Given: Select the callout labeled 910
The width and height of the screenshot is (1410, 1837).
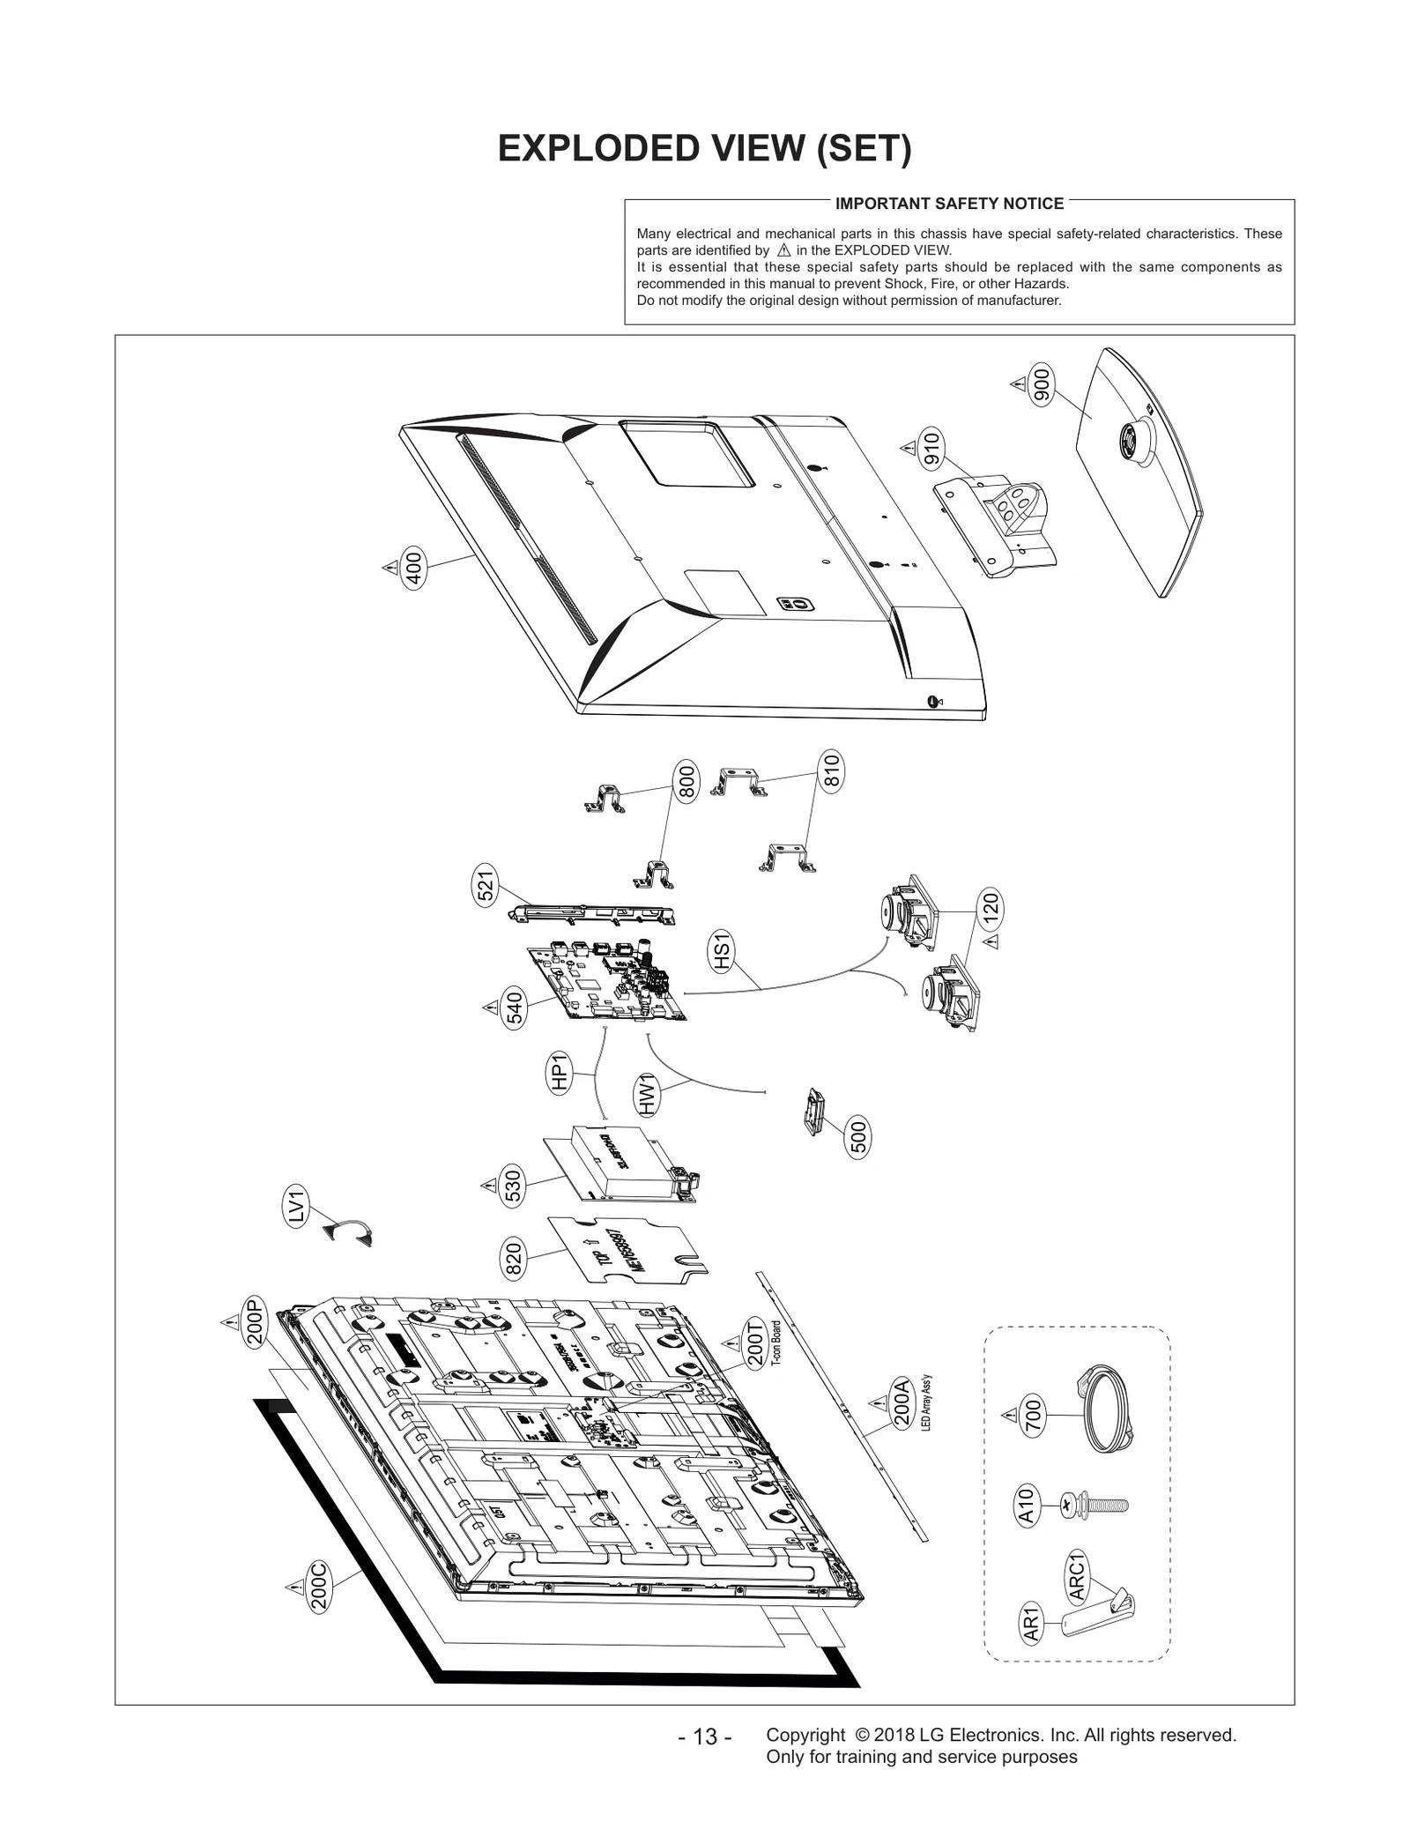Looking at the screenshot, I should (931, 449).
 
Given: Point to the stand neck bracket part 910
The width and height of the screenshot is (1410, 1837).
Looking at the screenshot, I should (1000, 521).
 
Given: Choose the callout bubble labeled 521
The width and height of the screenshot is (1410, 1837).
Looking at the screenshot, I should (486, 887).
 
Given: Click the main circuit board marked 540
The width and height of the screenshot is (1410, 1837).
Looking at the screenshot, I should (609, 984).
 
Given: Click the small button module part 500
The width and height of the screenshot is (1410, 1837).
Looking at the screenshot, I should (813, 1112).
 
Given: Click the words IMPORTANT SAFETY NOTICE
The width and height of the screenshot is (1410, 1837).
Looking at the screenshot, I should (948, 204).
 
